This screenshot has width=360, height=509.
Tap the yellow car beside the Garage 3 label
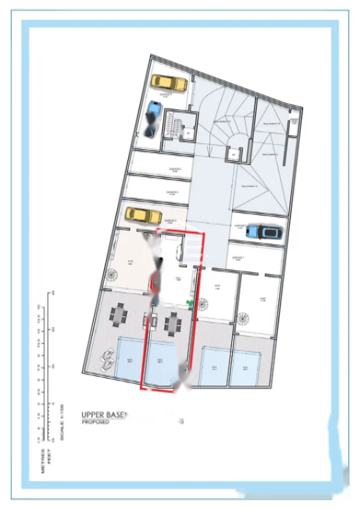pos(144,215)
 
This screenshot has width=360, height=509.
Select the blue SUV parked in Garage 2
pos(263,231)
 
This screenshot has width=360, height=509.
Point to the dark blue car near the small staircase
pos(151,118)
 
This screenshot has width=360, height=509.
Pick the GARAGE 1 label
pos(238,258)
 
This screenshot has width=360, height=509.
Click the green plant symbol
pos(191,304)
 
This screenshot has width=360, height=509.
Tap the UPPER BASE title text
pos(103,412)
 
